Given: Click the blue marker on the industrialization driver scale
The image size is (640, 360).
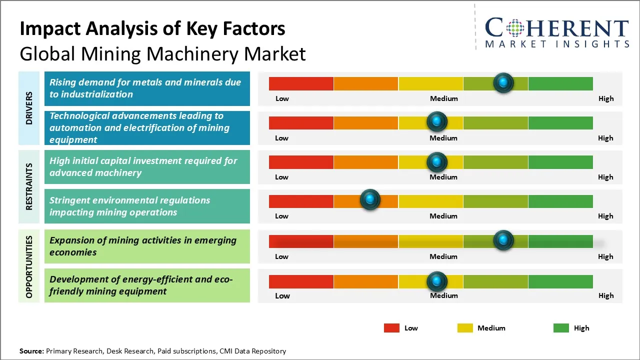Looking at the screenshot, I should click(503, 82).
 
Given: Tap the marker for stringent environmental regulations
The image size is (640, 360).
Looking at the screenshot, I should click(370, 200).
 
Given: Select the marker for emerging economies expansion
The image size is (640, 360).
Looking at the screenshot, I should click(503, 240).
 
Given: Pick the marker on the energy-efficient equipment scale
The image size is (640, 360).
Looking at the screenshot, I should click(437, 281).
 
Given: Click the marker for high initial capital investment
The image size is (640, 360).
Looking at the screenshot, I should click(437, 161).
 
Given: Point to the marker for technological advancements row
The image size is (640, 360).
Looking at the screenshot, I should click(437, 121).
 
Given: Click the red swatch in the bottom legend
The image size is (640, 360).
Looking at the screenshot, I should click(391, 328).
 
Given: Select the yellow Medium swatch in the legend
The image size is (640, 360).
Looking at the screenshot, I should click(465, 328).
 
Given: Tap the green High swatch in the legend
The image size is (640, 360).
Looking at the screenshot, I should click(561, 328).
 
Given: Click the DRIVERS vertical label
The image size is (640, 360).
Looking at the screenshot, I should click(29, 108).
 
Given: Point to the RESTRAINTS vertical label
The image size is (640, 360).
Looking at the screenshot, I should click(29, 186).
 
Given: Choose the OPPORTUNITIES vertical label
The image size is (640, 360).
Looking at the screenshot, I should click(29, 266).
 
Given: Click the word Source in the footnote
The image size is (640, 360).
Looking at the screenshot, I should click(31, 351).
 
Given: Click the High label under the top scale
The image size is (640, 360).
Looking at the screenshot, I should click(606, 98).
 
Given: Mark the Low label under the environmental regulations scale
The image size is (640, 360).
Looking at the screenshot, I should click(281, 216).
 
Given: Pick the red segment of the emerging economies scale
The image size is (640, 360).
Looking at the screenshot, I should click(301, 241).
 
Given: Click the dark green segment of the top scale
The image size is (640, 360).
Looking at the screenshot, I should click(560, 83).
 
